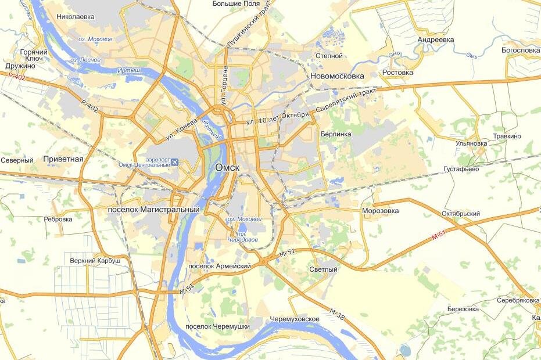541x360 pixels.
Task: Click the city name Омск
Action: (227, 167)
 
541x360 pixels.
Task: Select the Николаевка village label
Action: (76, 17)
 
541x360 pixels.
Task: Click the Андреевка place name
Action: (435, 40)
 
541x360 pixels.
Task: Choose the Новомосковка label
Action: (337, 76)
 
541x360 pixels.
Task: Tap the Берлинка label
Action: (336, 134)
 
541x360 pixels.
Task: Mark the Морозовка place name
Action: (380, 211)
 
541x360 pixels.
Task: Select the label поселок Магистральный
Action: (154, 209)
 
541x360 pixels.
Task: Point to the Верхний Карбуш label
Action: (95, 261)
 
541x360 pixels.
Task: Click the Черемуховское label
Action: (295, 319)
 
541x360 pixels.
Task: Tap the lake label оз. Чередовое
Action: (243, 239)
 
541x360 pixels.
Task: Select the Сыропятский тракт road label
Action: (347, 101)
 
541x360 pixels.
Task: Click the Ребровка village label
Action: (58, 219)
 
